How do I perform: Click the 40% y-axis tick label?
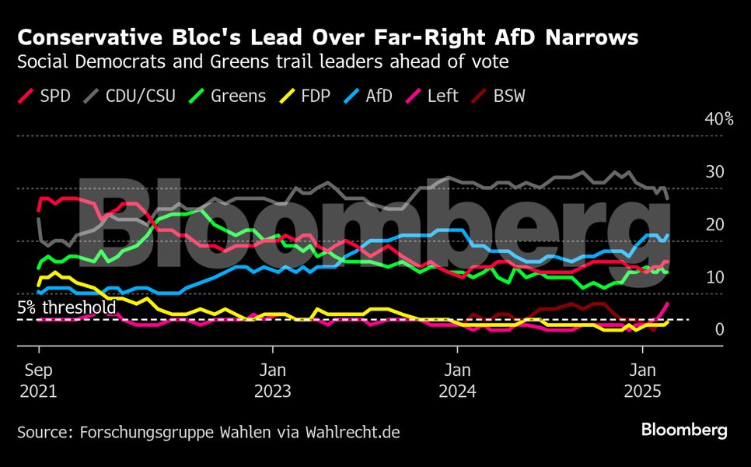point(719,119)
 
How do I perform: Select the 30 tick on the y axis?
point(714,172)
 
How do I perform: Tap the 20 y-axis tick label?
point(714,224)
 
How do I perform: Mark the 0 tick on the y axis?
point(719,329)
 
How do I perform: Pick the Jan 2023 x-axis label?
point(272,380)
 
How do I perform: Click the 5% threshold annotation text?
point(67,307)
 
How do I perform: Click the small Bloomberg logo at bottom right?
point(684,430)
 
